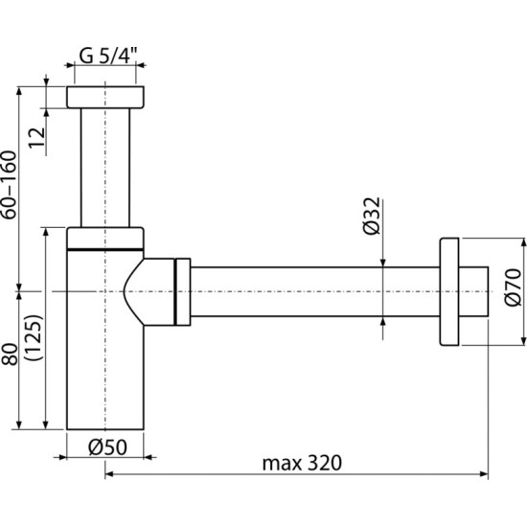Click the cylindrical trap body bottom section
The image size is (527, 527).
tap(104, 383)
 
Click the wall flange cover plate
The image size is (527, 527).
tap(449, 288)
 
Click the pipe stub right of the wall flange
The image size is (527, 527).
tap(475, 288)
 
